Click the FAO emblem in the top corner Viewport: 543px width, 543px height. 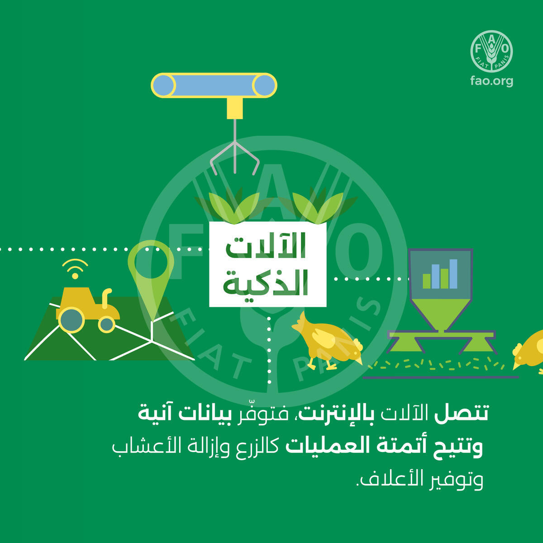[x=491, y=51]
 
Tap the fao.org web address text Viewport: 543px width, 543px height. [x=492, y=81]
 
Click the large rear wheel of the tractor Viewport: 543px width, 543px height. [x=71, y=320]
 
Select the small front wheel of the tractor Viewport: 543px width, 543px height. [x=106, y=324]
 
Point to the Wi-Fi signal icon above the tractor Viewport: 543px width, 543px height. [x=75, y=268]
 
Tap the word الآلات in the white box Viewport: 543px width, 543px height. [x=266, y=245]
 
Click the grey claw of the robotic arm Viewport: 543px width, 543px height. [x=235, y=158]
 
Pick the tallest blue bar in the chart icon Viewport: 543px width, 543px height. [x=453, y=274]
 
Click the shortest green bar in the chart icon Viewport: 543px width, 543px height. [x=427, y=281]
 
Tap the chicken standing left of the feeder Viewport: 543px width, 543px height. [x=327, y=341]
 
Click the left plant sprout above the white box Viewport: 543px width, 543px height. [x=234, y=206]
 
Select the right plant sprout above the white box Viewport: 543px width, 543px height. [x=318, y=206]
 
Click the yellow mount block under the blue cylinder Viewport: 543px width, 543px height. [x=235, y=108]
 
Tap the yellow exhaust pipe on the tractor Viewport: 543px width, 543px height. [x=106, y=298]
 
